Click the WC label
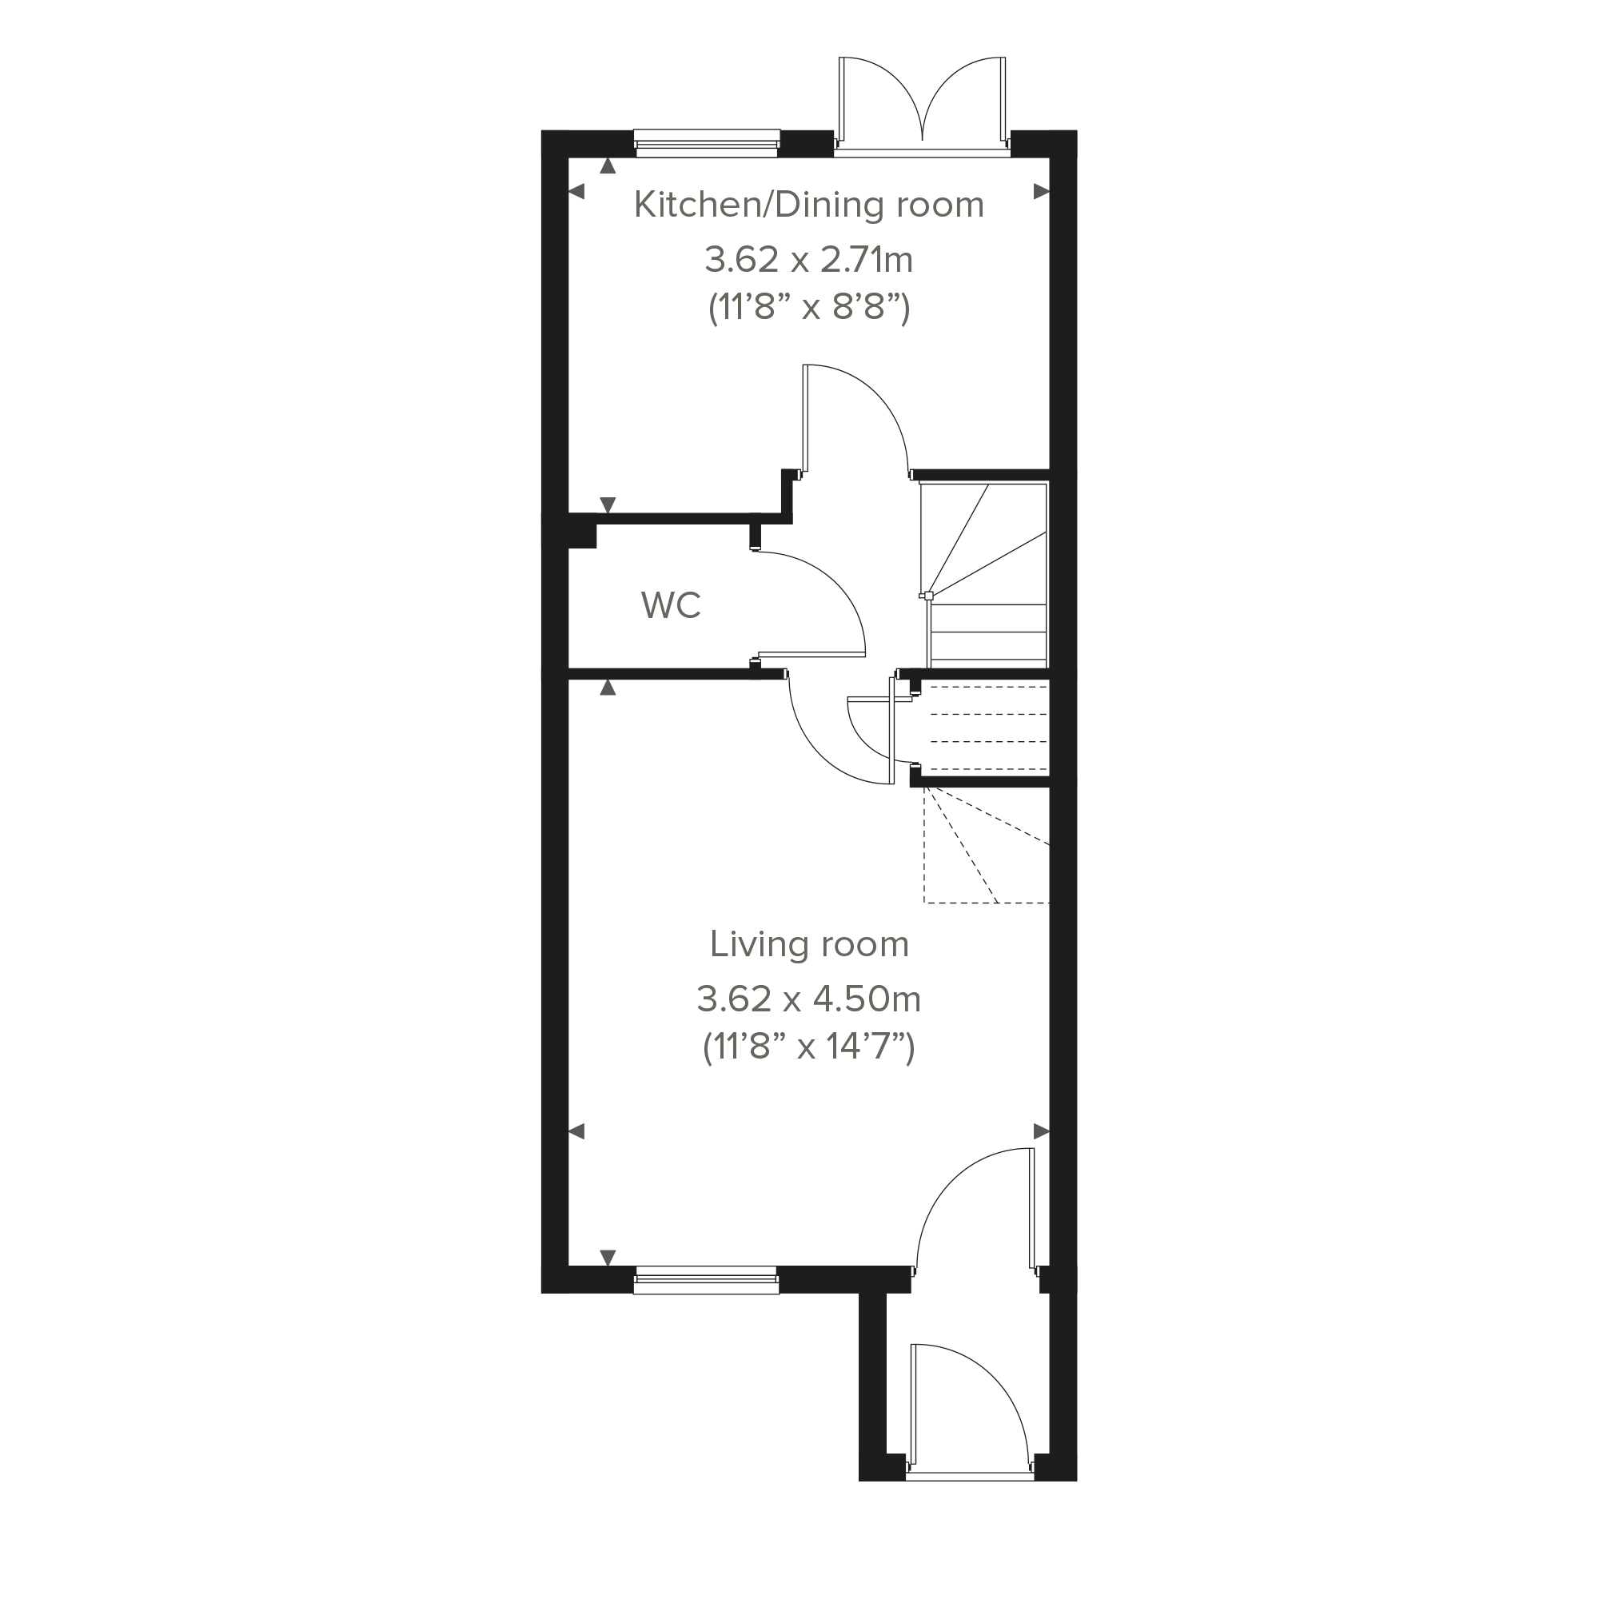(x=671, y=605)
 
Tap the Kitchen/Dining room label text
(x=808, y=205)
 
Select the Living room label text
(x=809, y=944)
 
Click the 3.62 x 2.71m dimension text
(x=808, y=260)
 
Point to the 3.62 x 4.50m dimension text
(x=808, y=999)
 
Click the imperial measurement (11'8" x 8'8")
(x=808, y=308)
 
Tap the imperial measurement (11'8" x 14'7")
(x=808, y=1047)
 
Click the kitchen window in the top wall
(x=708, y=143)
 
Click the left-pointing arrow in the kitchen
(x=576, y=192)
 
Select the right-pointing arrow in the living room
(x=1042, y=1132)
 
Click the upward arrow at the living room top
(x=608, y=688)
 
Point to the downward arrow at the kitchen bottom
(x=608, y=504)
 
